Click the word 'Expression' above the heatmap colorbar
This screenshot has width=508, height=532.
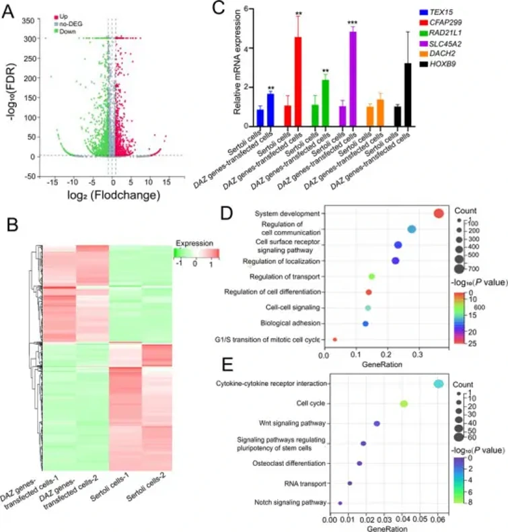click(x=194, y=242)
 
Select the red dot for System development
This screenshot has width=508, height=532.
click(x=438, y=213)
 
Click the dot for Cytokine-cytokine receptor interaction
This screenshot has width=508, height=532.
click(x=438, y=384)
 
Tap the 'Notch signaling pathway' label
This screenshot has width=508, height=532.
click(x=291, y=502)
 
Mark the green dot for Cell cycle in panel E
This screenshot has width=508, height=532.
click(x=404, y=403)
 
